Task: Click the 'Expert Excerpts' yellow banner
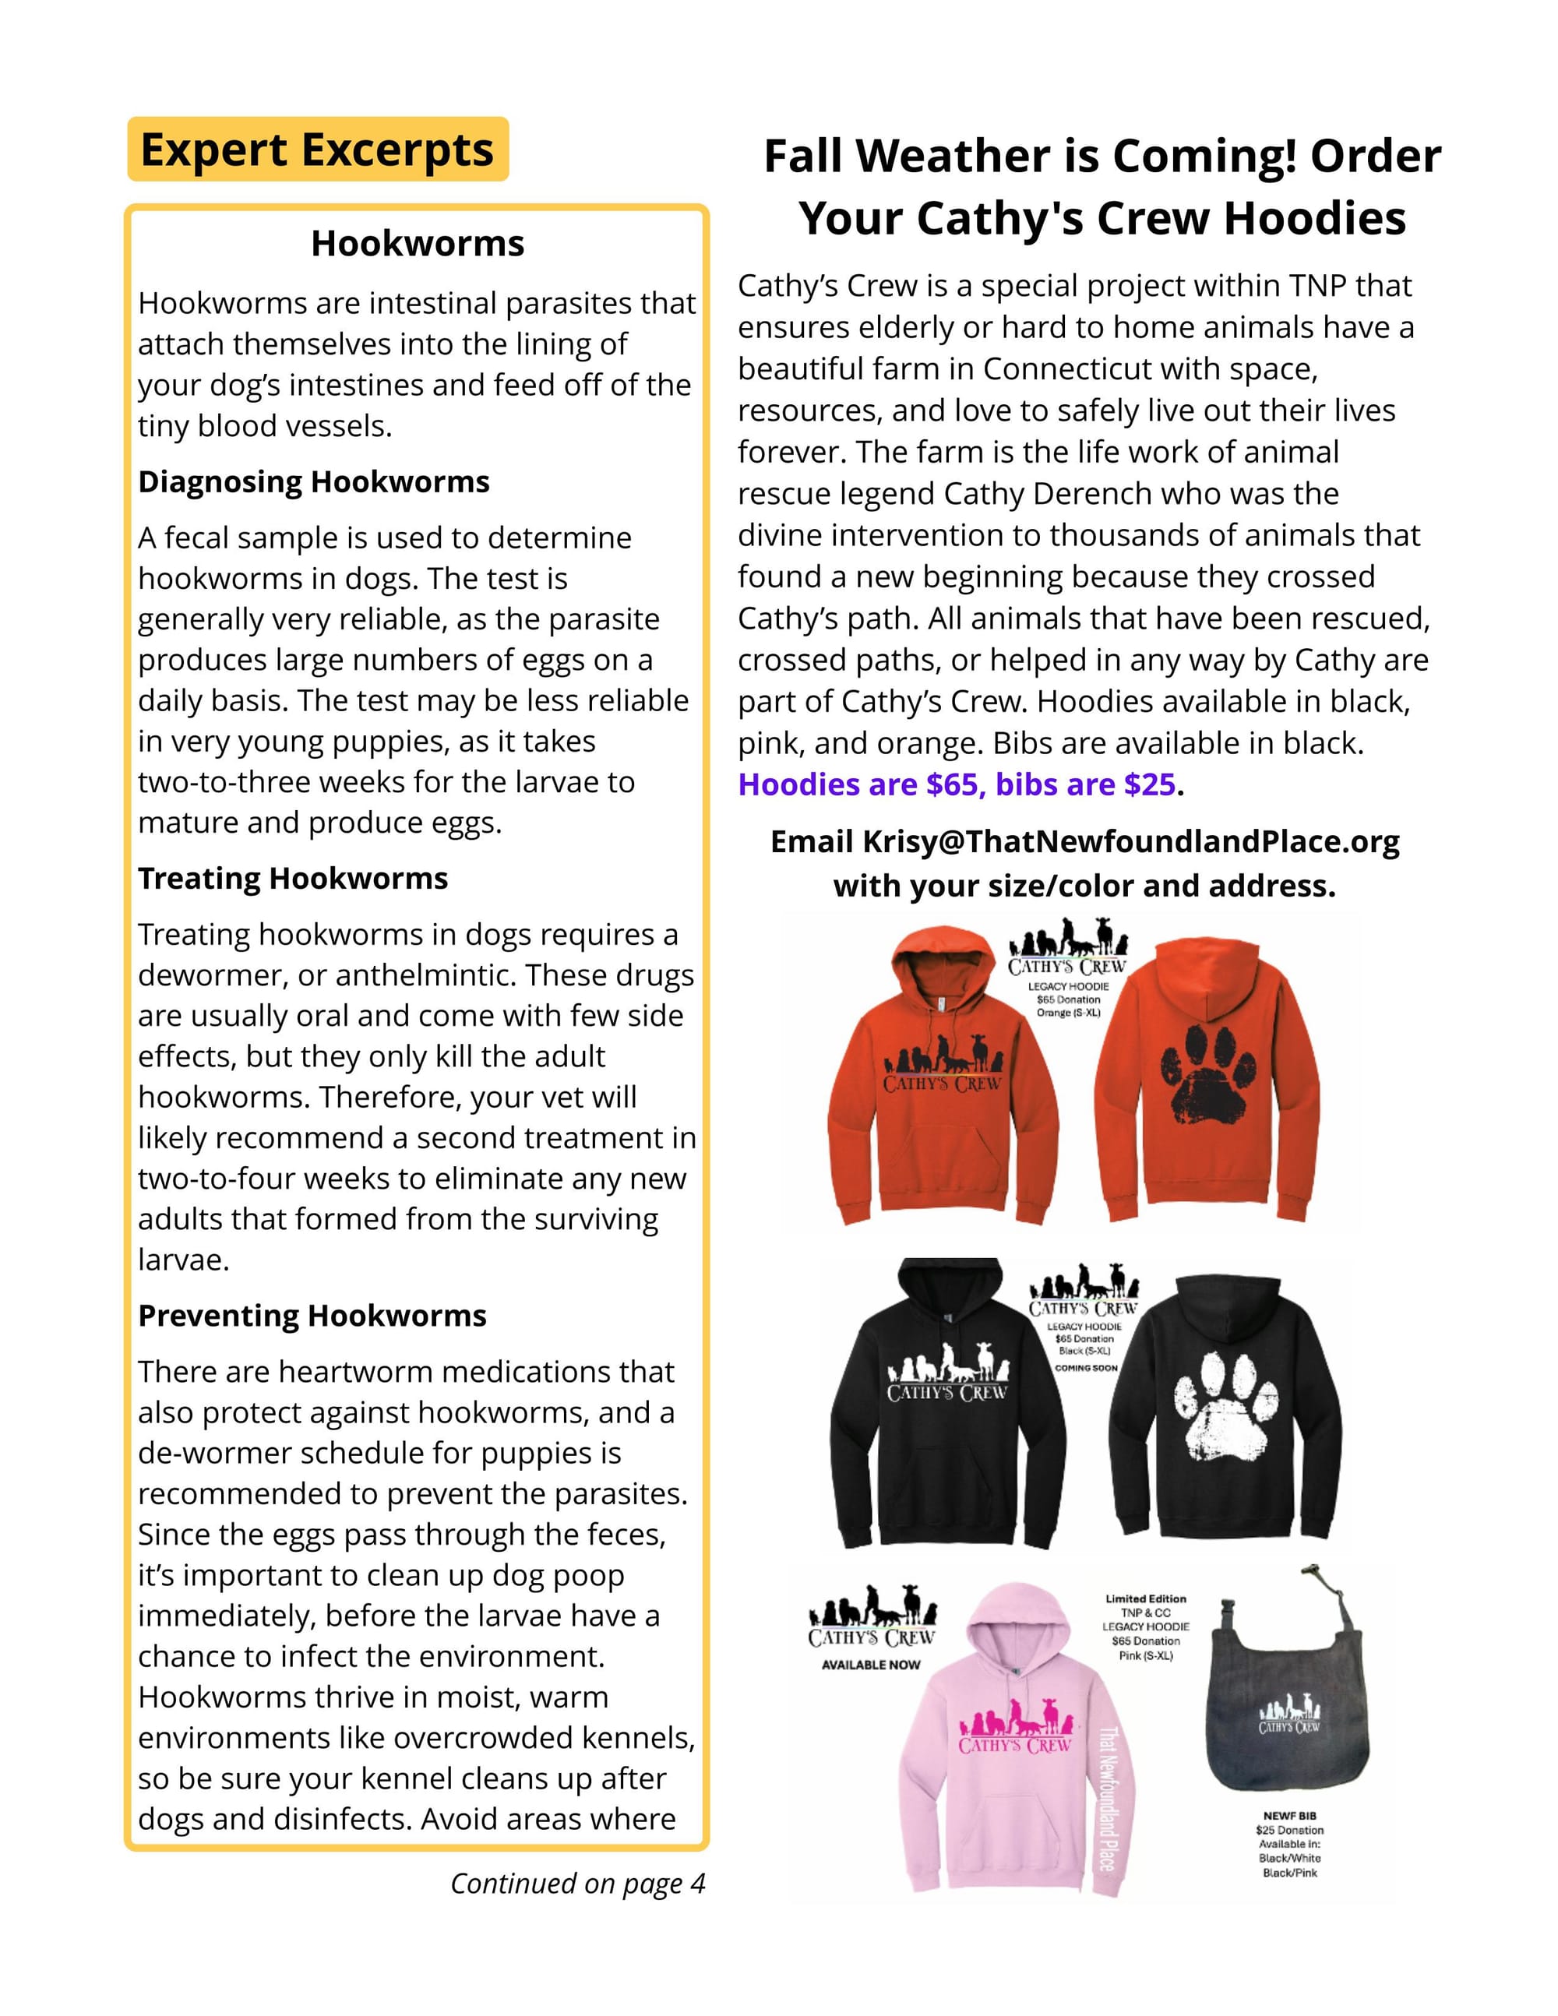(x=318, y=150)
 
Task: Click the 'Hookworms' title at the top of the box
(x=418, y=244)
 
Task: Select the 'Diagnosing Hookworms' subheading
(x=314, y=482)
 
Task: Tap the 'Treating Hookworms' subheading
(x=293, y=878)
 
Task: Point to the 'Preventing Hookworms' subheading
(x=312, y=1316)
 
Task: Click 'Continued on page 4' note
(x=578, y=1883)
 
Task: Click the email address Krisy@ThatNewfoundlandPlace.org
(x=1130, y=842)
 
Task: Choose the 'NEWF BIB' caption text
(x=1289, y=1816)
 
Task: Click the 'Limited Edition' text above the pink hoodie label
(x=1145, y=1598)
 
